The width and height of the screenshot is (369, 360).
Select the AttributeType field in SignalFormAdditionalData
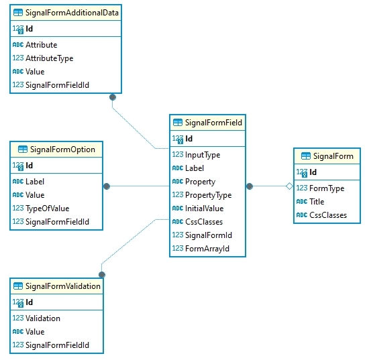49,58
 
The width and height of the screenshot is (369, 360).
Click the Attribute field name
41,45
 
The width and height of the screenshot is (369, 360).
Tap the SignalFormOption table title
61,149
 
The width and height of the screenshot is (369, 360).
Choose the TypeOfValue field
47,208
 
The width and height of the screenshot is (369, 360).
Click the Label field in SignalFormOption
35,182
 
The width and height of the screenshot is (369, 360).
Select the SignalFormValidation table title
64,286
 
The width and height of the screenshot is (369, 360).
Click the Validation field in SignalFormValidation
43,318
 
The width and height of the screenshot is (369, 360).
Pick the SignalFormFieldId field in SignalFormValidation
57,345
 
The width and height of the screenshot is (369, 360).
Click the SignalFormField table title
213,123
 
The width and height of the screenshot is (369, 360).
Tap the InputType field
203,155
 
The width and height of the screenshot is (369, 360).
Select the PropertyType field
208,195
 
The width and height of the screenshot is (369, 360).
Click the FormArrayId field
207,249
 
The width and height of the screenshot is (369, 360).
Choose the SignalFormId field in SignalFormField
209,235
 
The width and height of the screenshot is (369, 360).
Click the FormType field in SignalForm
326,188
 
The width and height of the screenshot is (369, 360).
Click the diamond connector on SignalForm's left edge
289,186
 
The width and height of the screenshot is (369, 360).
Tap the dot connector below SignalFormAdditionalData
113,97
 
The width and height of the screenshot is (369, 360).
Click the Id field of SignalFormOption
29,166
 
